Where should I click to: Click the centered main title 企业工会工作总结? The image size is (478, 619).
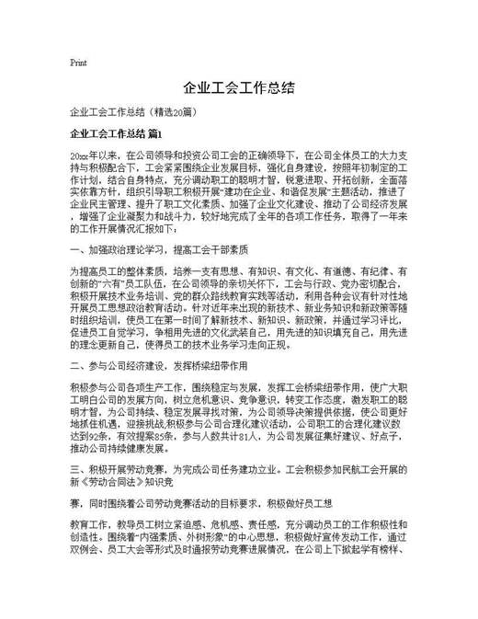point(238,88)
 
